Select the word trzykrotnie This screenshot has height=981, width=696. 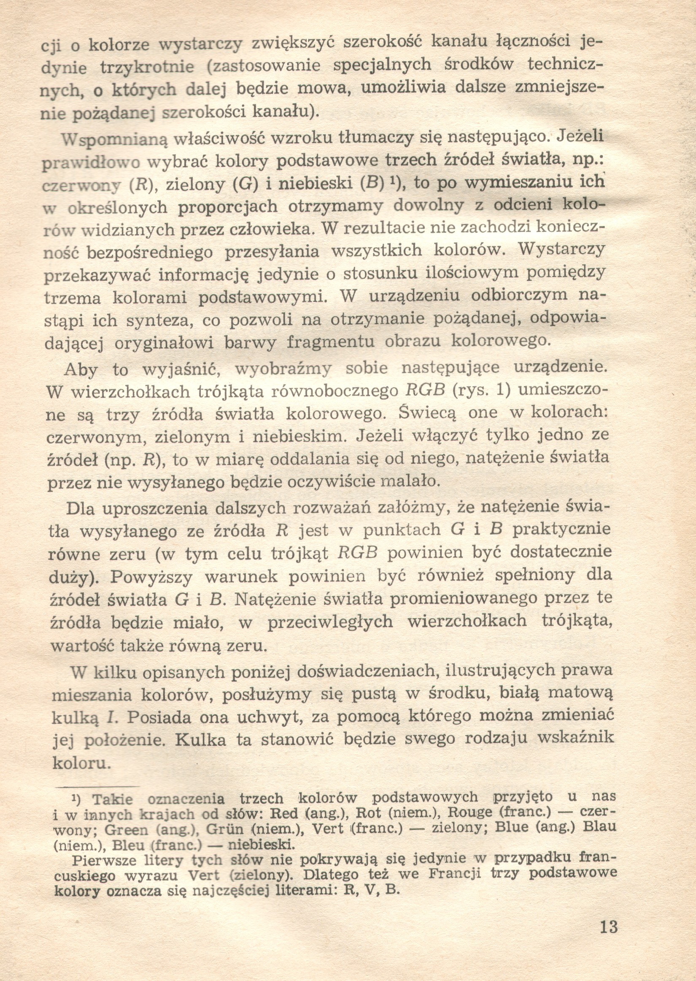147,67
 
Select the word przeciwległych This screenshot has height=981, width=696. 330,622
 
